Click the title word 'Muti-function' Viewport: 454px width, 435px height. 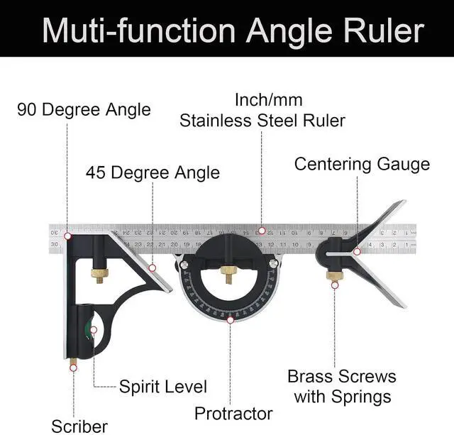click(x=138, y=31)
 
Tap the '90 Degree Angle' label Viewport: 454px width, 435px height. click(x=84, y=109)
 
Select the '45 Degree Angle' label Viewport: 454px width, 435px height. click(x=153, y=172)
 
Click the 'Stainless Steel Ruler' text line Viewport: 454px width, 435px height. click(x=262, y=120)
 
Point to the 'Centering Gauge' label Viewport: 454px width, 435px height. click(x=362, y=165)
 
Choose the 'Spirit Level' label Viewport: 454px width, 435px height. click(x=162, y=387)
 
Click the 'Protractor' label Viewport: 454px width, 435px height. click(x=233, y=413)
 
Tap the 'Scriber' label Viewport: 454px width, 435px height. click(x=79, y=426)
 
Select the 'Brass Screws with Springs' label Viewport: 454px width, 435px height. click(x=341, y=385)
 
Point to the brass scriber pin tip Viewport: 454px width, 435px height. click(x=73, y=366)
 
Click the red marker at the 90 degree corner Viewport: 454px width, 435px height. click(x=67, y=236)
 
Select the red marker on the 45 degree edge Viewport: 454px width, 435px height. click(x=153, y=268)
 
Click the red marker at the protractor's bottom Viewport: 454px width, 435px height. click(x=230, y=320)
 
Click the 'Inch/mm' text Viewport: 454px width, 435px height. click(x=262, y=100)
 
